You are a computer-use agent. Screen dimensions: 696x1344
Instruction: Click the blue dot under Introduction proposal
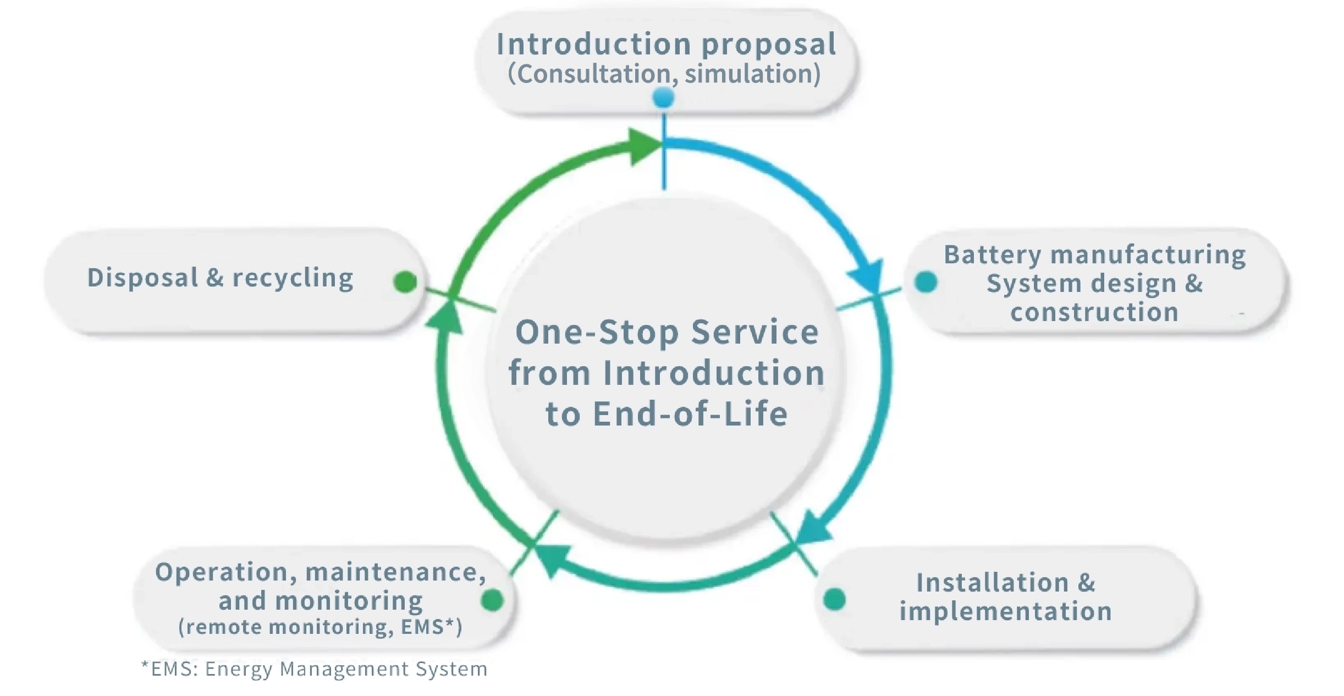pyautogui.click(x=664, y=99)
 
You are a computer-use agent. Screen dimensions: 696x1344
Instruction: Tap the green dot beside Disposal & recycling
pyautogui.click(x=405, y=282)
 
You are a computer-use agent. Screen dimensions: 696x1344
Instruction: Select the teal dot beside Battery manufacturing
pyautogui.click(x=926, y=282)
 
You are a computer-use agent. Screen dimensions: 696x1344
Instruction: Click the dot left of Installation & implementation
pyautogui.click(x=835, y=599)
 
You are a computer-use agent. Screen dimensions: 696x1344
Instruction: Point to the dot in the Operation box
pyautogui.click(x=492, y=600)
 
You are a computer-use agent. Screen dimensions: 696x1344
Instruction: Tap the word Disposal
pyautogui.click(x=142, y=278)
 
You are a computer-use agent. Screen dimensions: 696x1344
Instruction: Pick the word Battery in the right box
pyautogui.click(x=993, y=255)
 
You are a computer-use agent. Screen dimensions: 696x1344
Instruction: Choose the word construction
pyautogui.click(x=1094, y=312)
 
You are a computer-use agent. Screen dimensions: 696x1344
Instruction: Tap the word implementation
pyautogui.click(x=1006, y=611)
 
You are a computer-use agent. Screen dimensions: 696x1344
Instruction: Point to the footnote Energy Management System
pyautogui.click(x=346, y=669)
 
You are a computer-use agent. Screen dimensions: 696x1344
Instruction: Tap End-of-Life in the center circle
pyautogui.click(x=690, y=414)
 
